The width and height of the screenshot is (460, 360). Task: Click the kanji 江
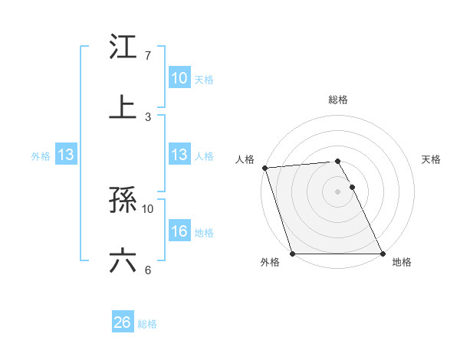(123, 47)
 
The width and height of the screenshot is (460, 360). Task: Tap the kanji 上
(123, 106)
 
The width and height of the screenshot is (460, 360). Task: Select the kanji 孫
(123, 200)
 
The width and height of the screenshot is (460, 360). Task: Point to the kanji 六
(123, 260)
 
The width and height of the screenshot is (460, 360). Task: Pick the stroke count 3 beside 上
(148, 116)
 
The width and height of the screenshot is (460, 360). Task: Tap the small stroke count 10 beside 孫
(148, 208)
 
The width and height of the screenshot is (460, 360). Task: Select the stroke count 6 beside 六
(148, 270)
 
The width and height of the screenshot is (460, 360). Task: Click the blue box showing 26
(123, 322)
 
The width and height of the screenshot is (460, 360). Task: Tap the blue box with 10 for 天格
(179, 78)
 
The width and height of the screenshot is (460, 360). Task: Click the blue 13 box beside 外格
(66, 155)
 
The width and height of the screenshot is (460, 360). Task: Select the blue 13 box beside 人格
(179, 155)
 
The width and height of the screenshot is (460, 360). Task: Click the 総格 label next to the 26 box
(148, 324)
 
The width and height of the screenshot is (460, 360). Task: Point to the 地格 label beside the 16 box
(204, 233)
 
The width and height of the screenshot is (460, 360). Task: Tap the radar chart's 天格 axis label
(432, 159)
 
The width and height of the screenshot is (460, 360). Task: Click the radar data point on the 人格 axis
(264, 168)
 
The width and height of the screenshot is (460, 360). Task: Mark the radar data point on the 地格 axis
(383, 254)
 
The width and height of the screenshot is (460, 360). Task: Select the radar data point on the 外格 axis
(292, 254)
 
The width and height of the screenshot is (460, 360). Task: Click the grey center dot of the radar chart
(337, 191)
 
